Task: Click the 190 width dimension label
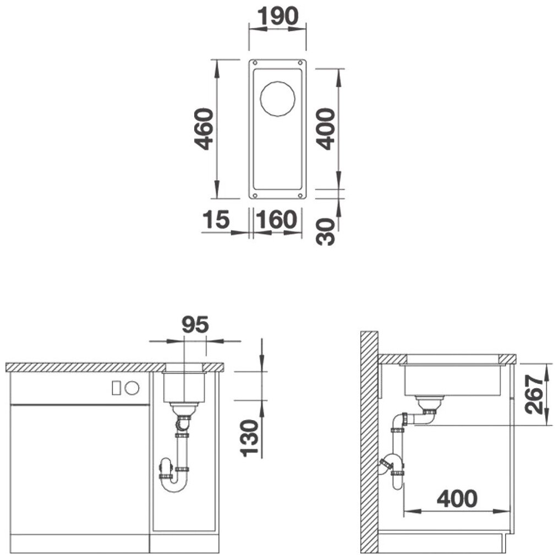point(277,16)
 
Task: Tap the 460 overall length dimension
point(204,129)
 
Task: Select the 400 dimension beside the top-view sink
point(326,129)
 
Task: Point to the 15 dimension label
point(216,219)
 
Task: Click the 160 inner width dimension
point(276,219)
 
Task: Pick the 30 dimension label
point(326,232)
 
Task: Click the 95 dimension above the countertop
point(195,324)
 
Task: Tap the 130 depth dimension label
point(249,438)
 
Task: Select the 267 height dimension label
point(534,394)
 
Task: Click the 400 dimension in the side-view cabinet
point(457,498)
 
